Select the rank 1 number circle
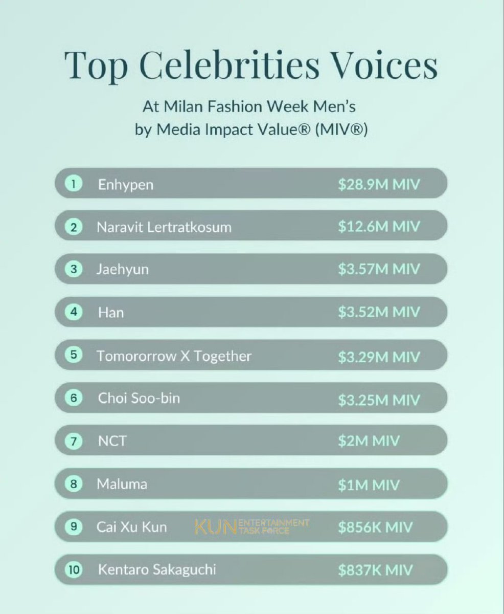[74, 184]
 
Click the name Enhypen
[126, 185]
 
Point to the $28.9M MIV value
[379, 184]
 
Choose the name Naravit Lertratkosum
[164, 227]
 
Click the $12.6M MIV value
[379, 227]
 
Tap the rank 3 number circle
[74, 269]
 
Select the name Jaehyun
[123, 270]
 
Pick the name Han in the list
[111, 313]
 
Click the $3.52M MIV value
[379, 312]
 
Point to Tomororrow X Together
[174, 356]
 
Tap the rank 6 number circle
[74, 398]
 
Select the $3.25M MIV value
[379, 400]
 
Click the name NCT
[112, 441]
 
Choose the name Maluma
[122, 484]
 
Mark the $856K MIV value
[375, 527]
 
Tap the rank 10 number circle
[74, 569]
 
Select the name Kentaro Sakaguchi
[157, 570]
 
